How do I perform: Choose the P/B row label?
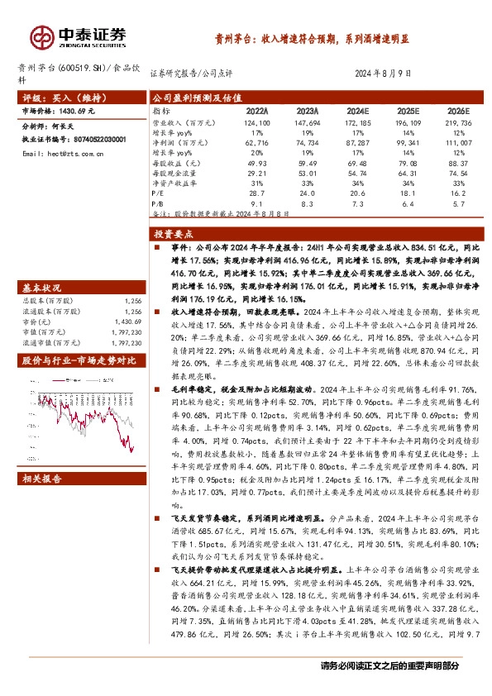pos(160,201)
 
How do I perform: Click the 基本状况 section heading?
pos(41,287)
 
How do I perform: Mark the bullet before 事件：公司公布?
pos(157,246)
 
